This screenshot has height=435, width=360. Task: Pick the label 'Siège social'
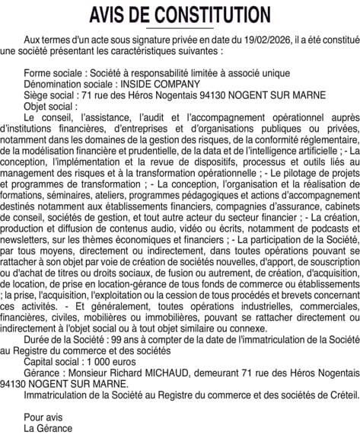coord(50,95)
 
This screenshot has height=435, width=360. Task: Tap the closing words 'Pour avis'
coord(43,417)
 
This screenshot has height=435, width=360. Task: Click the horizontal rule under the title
coord(180,28)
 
